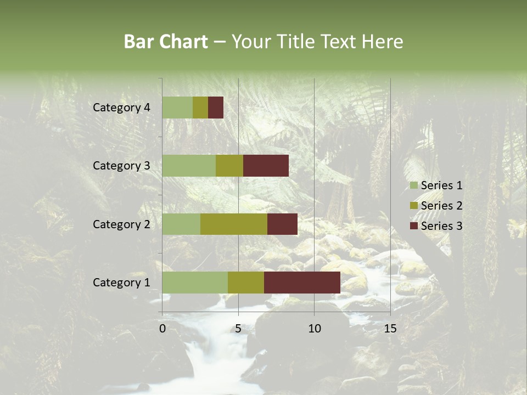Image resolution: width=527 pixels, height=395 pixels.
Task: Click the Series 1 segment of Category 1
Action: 195,283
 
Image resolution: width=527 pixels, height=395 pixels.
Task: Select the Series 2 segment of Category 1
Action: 246,283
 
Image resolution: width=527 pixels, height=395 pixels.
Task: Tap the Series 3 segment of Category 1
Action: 302,283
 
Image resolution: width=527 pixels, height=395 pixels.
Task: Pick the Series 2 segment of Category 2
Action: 234,224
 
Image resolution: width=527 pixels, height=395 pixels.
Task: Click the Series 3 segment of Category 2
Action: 282,224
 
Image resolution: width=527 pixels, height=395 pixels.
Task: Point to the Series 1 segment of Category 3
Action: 189,166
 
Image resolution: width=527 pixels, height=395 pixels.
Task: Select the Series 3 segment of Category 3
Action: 266,166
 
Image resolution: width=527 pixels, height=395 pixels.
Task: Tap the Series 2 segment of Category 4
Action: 200,108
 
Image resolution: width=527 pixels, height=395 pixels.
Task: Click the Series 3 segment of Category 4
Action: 216,108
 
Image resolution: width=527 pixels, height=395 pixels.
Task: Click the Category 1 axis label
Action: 121,283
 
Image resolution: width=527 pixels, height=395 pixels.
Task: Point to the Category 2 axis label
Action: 121,224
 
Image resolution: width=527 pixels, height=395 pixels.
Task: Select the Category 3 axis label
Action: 121,166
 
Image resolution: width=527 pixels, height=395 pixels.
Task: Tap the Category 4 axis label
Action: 121,108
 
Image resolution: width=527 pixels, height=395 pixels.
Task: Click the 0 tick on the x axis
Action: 162,329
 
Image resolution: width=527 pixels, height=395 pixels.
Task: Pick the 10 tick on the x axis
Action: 314,329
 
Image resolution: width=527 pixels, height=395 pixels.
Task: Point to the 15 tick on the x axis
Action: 390,329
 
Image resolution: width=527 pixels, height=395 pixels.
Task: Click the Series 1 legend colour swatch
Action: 413,185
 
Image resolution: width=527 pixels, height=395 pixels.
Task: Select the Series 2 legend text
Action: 441,206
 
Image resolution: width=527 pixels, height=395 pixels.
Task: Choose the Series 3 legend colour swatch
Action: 413,226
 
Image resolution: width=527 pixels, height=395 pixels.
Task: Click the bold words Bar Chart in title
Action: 166,42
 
